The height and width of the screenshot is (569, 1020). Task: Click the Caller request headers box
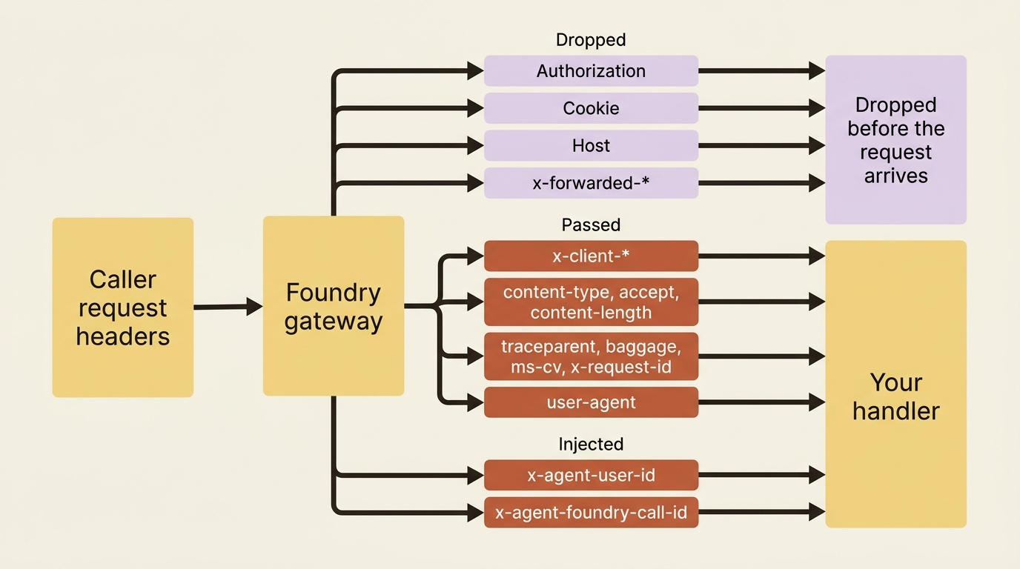123,307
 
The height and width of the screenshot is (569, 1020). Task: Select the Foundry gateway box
334,306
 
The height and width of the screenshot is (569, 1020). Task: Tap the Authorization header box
591,71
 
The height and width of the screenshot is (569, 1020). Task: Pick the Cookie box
591,108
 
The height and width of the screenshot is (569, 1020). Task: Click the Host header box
591,146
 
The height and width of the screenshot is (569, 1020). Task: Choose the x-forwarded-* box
591,183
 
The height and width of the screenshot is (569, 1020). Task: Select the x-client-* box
591,256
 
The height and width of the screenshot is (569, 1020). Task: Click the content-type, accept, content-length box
591,302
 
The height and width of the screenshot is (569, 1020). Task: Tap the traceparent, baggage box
591,356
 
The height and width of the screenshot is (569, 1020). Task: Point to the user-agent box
591,402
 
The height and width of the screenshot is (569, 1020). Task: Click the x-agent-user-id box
591,475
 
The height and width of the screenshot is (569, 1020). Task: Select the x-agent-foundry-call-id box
591,513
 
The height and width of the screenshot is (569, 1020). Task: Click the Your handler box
896,385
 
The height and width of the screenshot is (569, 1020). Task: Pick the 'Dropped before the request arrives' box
896,140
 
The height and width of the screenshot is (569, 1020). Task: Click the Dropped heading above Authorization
591,40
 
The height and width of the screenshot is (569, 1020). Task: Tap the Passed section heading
591,225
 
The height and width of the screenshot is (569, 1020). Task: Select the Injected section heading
591,445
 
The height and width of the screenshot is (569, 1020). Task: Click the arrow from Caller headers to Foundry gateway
228,307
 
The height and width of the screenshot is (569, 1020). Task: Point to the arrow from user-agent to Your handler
762,402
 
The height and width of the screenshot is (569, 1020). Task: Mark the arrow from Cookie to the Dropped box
762,108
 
